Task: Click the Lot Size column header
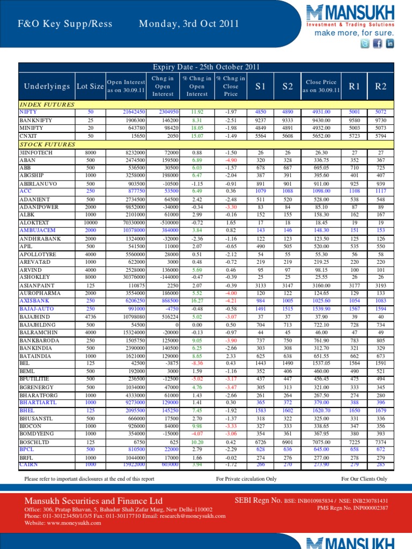point(90,86)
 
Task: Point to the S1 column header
point(260,86)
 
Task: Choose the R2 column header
point(381,86)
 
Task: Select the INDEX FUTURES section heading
point(47,105)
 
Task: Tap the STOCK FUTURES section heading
point(47,145)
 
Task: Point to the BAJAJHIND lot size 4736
point(90,317)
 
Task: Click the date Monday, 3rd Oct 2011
point(188,24)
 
